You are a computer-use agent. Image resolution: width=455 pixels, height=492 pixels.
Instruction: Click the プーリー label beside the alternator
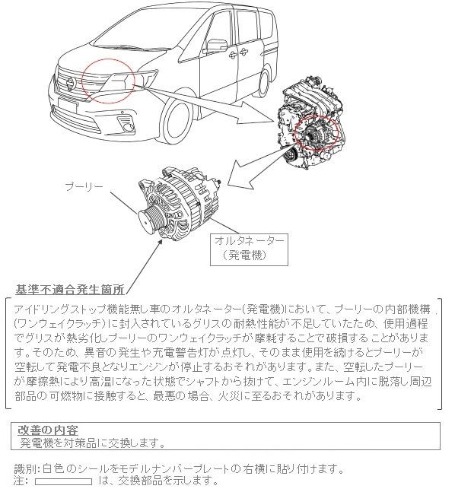[x=84, y=186]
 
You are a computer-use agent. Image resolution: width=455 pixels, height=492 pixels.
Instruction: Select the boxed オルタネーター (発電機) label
[x=249, y=249]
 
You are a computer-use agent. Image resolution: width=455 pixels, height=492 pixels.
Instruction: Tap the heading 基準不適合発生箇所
[x=70, y=290]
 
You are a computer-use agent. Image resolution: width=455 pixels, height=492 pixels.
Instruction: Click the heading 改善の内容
[x=48, y=430]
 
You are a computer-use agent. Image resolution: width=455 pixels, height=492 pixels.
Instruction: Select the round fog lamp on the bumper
[x=129, y=127]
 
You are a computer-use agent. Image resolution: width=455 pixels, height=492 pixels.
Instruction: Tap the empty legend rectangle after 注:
[x=64, y=481]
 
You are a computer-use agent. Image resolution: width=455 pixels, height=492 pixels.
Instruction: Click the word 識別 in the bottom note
[x=25, y=469]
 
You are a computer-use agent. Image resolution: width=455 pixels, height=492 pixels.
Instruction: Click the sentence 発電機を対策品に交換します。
[x=93, y=443]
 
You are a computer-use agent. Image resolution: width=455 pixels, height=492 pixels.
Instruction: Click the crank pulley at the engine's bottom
[x=290, y=154]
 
